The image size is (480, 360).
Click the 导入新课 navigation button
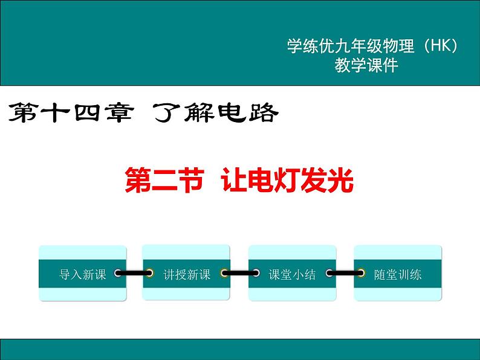click(83, 274)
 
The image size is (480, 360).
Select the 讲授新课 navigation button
click(186, 274)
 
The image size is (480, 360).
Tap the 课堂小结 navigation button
click(292, 274)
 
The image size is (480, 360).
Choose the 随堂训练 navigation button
click(397, 274)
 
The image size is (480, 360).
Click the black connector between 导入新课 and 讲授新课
click(134, 274)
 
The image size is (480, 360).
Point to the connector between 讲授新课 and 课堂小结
click(239, 274)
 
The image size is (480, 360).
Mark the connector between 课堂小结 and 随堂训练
click(345, 274)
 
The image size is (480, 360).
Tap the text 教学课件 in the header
click(366, 66)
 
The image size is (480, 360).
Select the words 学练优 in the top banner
click(308, 47)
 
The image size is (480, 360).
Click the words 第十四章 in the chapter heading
click(70, 112)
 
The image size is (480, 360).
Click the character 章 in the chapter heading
click(117, 112)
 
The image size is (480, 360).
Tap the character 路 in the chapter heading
click(263, 112)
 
